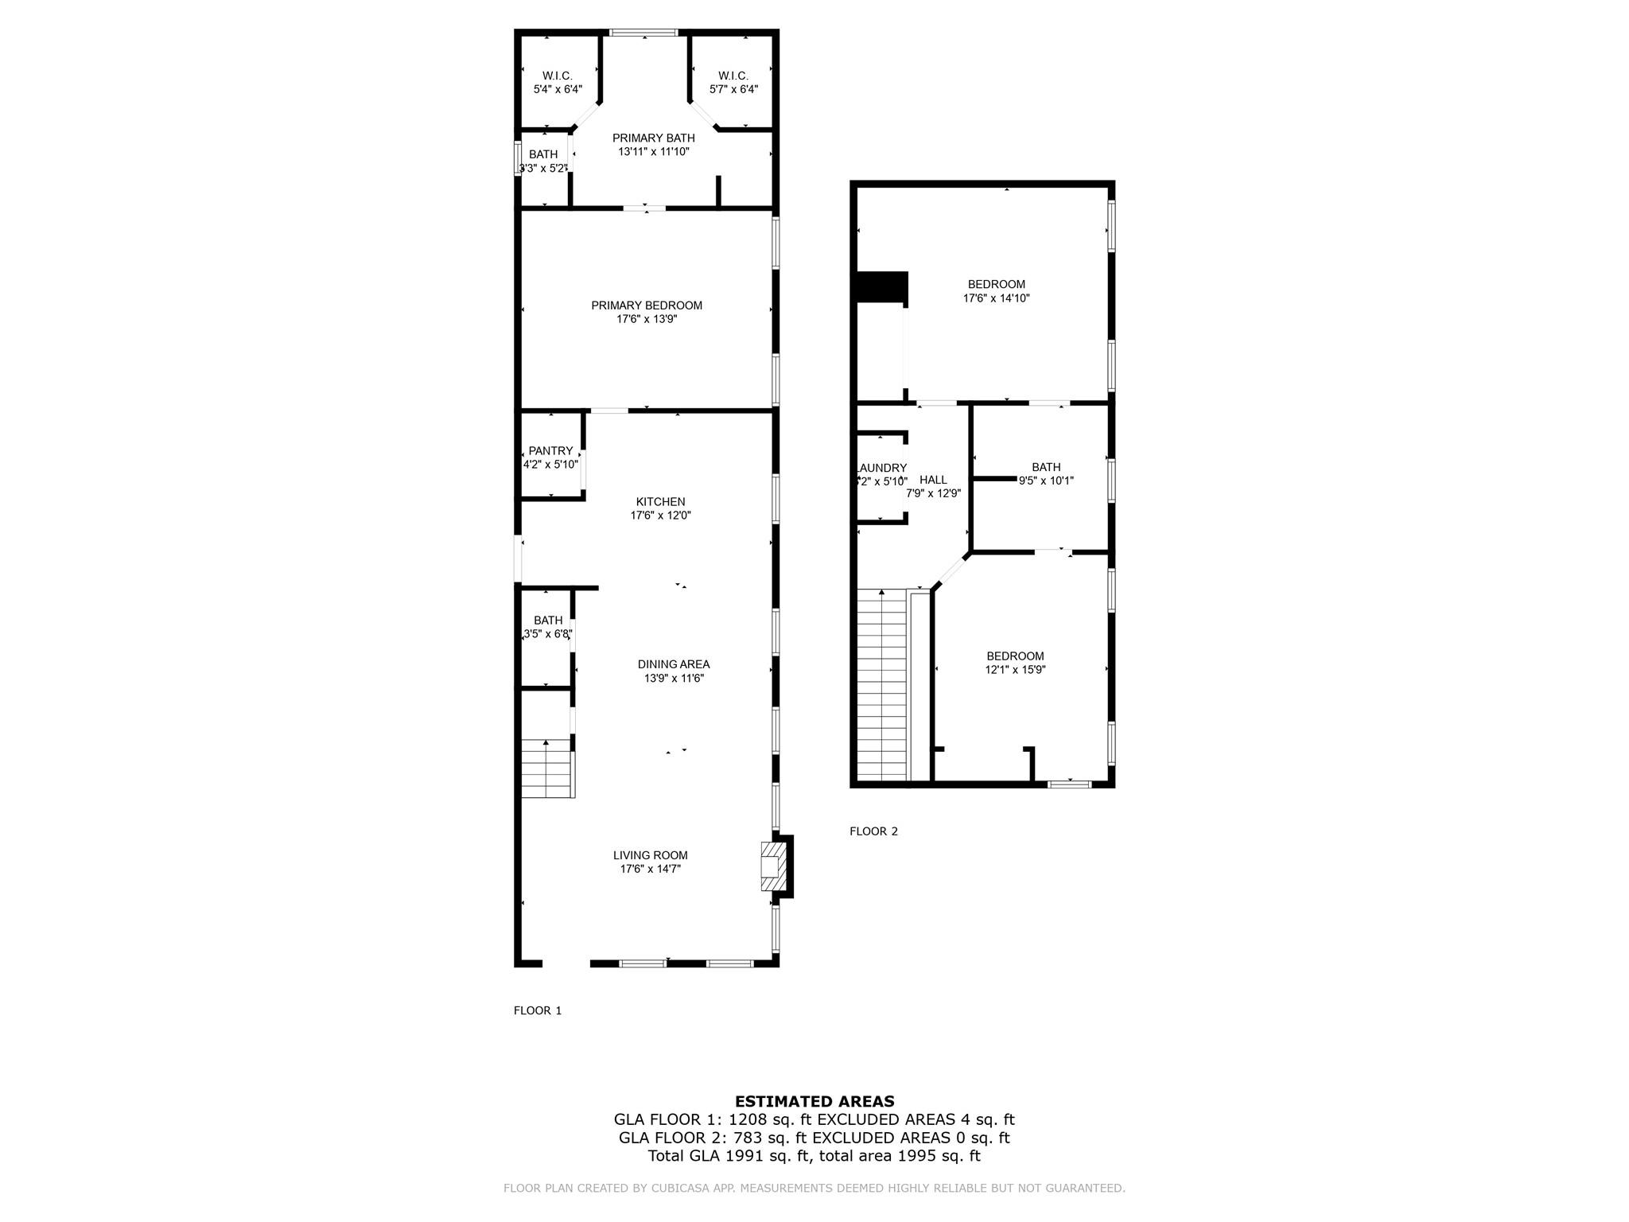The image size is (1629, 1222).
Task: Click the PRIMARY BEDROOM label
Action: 646,305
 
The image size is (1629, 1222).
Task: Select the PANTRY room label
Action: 550,451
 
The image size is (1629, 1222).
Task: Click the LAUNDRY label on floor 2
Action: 881,468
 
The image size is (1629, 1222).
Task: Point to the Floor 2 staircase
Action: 882,684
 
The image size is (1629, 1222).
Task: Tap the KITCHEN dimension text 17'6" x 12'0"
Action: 660,516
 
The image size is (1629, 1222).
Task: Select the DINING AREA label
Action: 673,664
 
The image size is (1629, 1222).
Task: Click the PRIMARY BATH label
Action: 653,138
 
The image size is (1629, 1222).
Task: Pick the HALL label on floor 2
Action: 933,480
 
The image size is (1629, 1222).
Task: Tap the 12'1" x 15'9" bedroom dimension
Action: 1015,670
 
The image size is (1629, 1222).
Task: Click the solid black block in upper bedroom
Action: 882,287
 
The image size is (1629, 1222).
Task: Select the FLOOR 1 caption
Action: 538,1010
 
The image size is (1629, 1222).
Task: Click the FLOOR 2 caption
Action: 873,831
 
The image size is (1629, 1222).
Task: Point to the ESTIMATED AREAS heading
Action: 814,1101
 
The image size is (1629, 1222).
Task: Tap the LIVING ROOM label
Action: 650,855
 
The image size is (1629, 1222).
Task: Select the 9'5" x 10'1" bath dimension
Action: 1046,481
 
